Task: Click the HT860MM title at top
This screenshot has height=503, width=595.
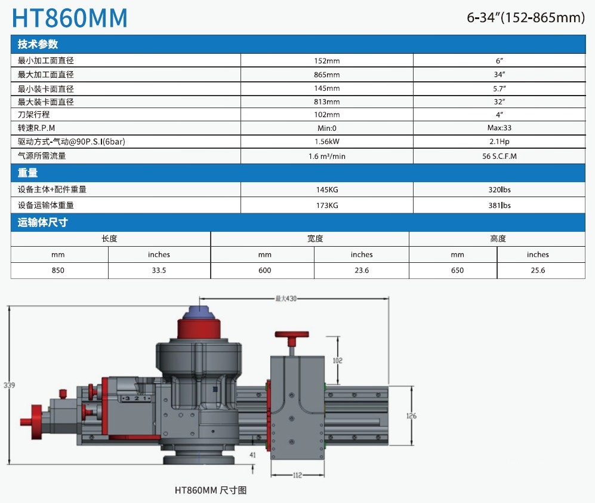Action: [x=70, y=18]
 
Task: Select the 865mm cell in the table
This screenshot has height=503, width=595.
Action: [x=326, y=75]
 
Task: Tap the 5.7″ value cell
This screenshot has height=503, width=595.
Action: [x=500, y=88]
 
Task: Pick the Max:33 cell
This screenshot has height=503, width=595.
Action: [x=500, y=128]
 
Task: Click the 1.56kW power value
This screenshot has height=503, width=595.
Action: [x=326, y=142]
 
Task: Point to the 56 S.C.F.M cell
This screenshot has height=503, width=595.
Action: [x=500, y=156]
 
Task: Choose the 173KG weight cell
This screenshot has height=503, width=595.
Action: [x=326, y=205]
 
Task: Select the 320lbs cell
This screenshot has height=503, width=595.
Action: [x=500, y=189]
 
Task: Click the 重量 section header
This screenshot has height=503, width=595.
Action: [x=27, y=173]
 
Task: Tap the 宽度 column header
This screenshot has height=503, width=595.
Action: [x=315, y=238]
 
